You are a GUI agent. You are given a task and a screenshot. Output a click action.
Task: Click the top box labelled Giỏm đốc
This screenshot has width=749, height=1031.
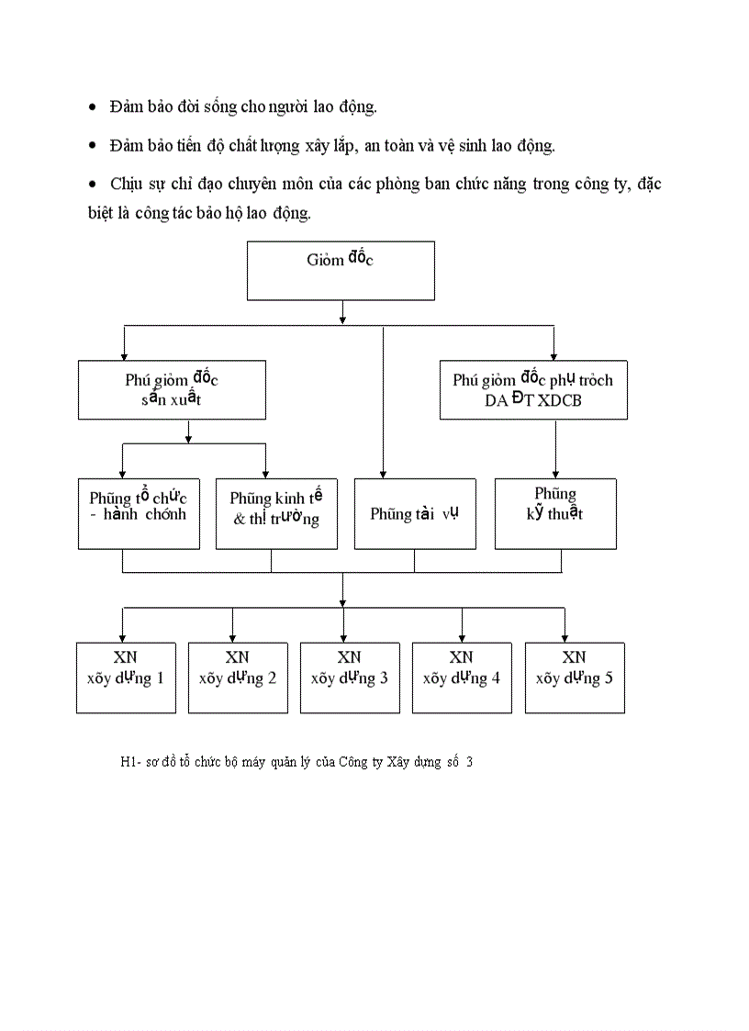tap(341, 271)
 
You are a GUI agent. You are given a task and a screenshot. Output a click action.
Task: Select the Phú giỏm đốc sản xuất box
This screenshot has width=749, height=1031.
tap(173, 390)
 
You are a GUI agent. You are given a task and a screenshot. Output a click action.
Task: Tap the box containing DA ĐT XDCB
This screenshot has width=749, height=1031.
tap(533, 390)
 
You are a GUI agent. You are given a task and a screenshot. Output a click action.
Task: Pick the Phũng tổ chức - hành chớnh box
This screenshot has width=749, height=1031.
tap(139, 513)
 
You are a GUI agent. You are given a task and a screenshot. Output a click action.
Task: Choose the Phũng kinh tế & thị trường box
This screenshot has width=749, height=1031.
tap(276, 513)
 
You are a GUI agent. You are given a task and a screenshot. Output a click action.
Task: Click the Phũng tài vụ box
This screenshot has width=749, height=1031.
tap(415, 513)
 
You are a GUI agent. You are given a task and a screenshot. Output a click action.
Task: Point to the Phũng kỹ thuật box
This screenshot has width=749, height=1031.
tap(554, 513)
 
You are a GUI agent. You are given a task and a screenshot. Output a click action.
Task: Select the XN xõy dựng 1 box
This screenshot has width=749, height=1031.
tap(126, 678)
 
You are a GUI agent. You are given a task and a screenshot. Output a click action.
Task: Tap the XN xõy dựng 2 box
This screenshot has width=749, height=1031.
tap(238, 678)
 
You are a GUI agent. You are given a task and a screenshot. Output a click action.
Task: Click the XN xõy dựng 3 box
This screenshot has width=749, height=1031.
tap(350, 678)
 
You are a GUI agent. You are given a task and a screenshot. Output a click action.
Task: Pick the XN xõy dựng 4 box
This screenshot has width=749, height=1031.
tap(462, 678)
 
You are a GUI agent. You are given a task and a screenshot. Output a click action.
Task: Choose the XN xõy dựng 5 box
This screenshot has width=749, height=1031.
tap(575, 678)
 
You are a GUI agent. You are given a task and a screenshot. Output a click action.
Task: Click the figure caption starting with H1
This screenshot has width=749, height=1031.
tap(296, 761)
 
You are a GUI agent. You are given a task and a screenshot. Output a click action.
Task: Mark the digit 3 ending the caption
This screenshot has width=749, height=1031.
tap(469, 761)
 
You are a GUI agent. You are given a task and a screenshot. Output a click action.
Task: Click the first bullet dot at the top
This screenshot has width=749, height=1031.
tap(92, 108)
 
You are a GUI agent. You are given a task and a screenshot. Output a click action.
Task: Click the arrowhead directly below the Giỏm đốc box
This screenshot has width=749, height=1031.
tap(342, 319)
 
